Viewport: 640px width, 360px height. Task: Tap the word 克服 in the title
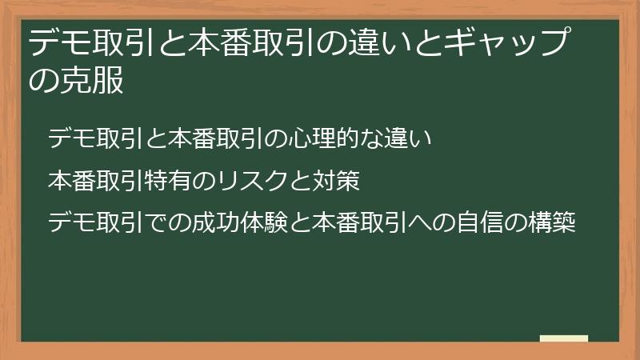click(92, 81)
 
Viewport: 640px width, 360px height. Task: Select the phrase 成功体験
click(226, 222)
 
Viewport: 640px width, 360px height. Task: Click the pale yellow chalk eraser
click(564, 338)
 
